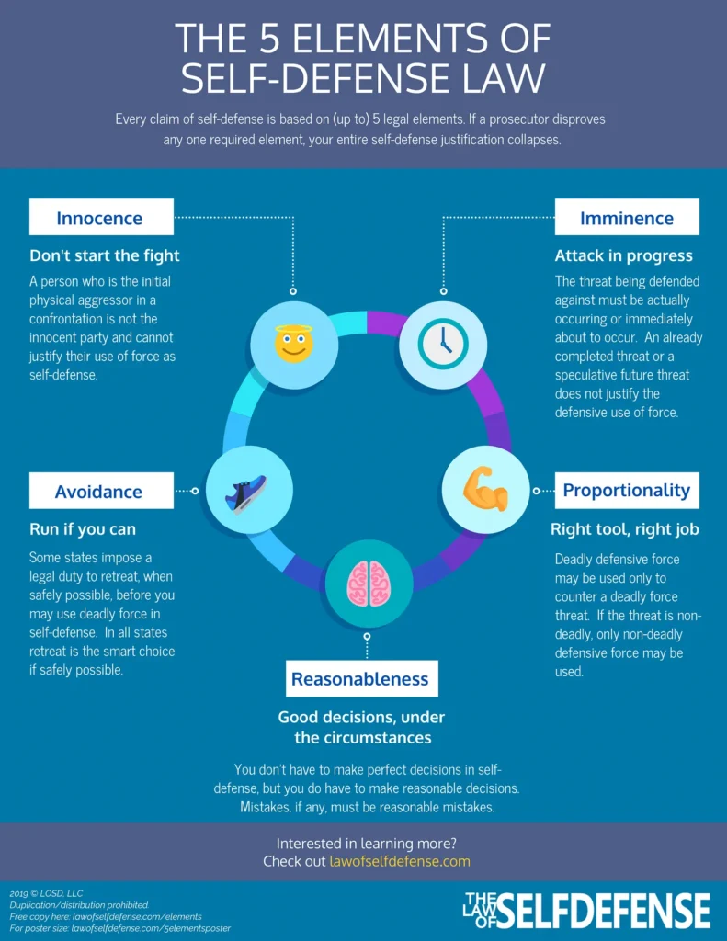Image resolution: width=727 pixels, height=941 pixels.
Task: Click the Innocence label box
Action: [x=100, y=218]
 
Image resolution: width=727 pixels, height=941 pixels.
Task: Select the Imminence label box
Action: [x=627, y=218]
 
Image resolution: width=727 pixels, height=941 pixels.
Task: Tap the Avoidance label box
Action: [x=100, y=491]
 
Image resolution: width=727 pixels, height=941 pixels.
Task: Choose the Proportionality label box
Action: [x=627, y=490]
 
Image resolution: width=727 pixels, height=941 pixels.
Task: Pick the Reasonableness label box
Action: [x=360, y=679]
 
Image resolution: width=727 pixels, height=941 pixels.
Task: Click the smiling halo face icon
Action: [x=294, y=343]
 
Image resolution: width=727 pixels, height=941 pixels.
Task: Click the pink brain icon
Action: [x=368, y=583]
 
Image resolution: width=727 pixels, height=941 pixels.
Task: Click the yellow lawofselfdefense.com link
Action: [x=400, y=861]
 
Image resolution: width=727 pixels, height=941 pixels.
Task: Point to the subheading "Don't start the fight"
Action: [x=105, y=255]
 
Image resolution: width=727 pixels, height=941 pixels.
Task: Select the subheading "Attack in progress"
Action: [x=624, y=255]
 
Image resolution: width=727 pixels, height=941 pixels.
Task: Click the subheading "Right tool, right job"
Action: [x=625, y=529]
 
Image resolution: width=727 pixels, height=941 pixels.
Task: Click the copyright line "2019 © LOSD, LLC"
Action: [x=47, y=893]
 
